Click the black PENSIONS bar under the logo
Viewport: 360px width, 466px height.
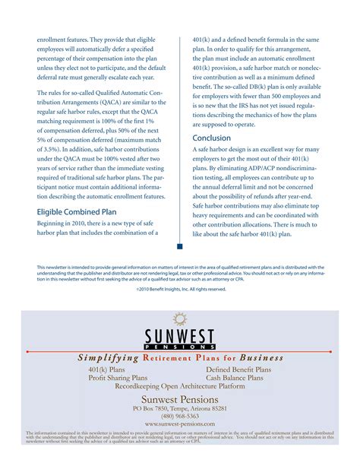point(180,347)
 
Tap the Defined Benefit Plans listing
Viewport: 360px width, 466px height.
point(238,369)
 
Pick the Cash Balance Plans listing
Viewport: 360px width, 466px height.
point(238,378)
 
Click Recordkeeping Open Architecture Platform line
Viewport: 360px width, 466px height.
point(180,386)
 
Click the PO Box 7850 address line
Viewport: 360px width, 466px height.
point(180,408)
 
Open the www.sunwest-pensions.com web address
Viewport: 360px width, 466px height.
point(180,424)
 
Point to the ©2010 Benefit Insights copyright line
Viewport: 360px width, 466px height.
point(180,289)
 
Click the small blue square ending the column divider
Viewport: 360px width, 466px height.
point(179,246)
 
